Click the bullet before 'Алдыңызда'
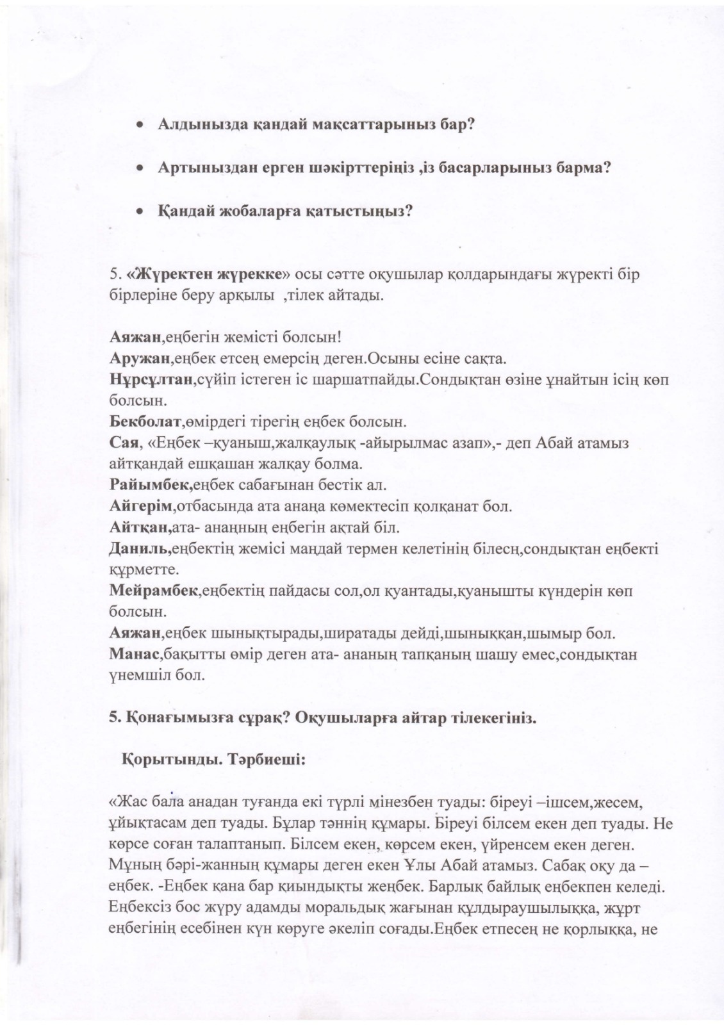138,124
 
